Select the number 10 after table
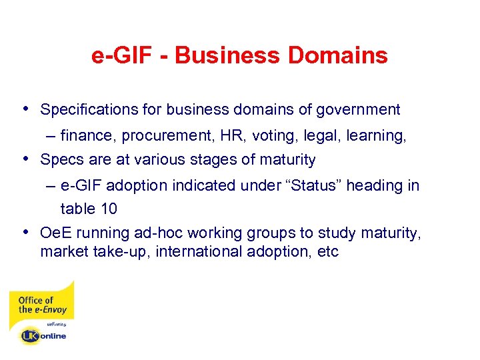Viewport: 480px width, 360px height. click(x=108, y=209)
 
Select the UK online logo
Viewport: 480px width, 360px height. click(x=44, y=335)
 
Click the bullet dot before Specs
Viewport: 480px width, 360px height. click(x=25, y=159)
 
